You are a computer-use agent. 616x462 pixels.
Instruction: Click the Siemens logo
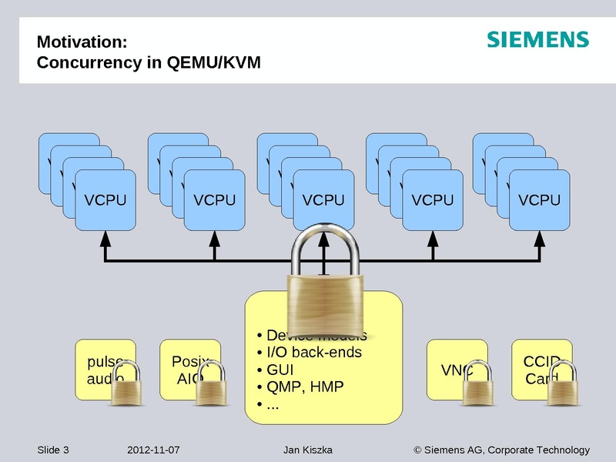pyautogui.click(x=537, y=40)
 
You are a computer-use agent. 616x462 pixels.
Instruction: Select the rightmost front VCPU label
pyautogui.click(x=539, y=200)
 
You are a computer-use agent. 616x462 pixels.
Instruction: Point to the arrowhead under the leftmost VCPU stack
pyautogui.click(x=105, y=239)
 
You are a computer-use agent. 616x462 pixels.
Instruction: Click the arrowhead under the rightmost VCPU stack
pyautogui.click(x=539, y=239)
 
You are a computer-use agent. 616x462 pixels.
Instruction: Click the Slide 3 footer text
pyautogui.click(x=53, y=450)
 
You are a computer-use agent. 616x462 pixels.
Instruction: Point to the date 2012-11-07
pyautogui.click(x=152, y=450)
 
